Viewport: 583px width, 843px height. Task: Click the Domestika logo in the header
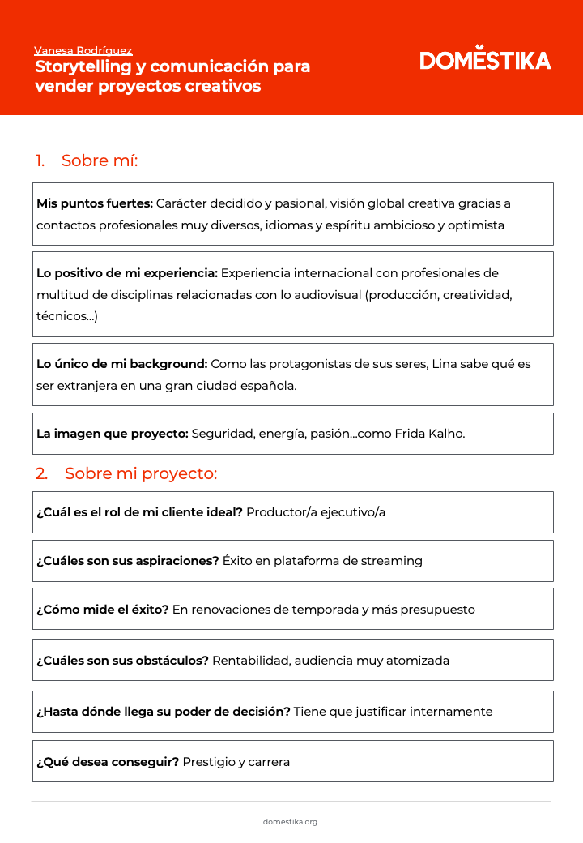pos(485,59)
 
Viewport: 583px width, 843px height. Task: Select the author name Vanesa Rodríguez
pos(83,50)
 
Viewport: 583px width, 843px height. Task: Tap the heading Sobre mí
pos(100,160)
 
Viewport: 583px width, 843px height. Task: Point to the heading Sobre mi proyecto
pos(141,473)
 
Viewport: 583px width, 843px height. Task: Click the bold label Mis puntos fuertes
pos(95,203)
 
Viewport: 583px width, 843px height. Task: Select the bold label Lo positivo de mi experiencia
pos(127,273)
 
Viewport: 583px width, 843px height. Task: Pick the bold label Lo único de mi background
pos(122,364)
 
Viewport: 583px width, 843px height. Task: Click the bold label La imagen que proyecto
pos(113,434)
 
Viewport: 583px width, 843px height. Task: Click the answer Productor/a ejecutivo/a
pos(316,512)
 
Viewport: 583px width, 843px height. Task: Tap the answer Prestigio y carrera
pos(236,762)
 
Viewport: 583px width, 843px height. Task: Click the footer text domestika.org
pos(290,822)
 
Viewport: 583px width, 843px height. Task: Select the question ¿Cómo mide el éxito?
pos(103,610)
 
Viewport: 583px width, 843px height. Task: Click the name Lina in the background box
pos(445,364)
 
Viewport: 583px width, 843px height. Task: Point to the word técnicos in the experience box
pos(64,316)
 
